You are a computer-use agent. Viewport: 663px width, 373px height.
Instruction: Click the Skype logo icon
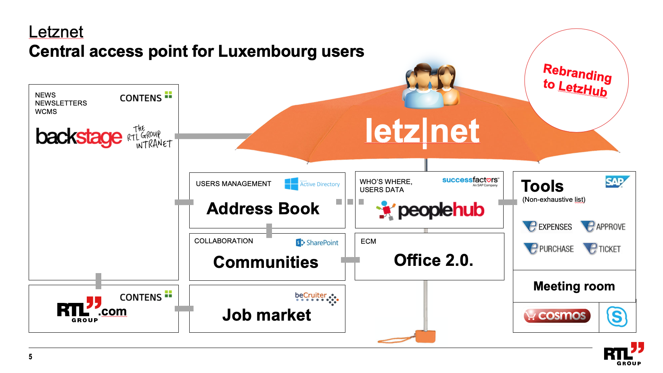[x=617, y=317]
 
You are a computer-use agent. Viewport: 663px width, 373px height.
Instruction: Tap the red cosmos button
[x=557, y=316]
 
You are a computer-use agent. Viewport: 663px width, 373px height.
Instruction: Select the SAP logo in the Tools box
[x=617, y=182]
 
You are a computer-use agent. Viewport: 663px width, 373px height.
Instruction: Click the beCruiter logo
[x=317, y=298]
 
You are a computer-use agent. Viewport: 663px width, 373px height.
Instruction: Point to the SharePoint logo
[x=317, y=242]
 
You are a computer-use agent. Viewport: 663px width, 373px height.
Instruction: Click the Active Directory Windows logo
[x=291, y=184]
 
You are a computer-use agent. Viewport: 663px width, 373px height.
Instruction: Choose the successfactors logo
[x=470, y=181]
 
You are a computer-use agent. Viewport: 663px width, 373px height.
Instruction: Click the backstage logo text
[x=79, y=137]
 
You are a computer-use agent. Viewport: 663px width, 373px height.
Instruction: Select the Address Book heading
[x=263, y=209]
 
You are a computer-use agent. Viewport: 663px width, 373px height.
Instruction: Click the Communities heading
[x=266, y=262]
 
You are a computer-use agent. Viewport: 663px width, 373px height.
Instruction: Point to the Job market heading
[x=266, y=315]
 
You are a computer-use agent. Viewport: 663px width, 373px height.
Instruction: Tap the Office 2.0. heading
[x=433, y=260]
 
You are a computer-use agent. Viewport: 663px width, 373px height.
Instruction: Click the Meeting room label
[x=574, y=286]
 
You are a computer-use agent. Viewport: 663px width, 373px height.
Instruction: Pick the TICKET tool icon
[x=590, y=249]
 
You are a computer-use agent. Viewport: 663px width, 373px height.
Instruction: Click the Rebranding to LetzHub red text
[x=577, y=80]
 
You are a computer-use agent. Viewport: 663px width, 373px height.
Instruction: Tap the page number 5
[x=30, y=356]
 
